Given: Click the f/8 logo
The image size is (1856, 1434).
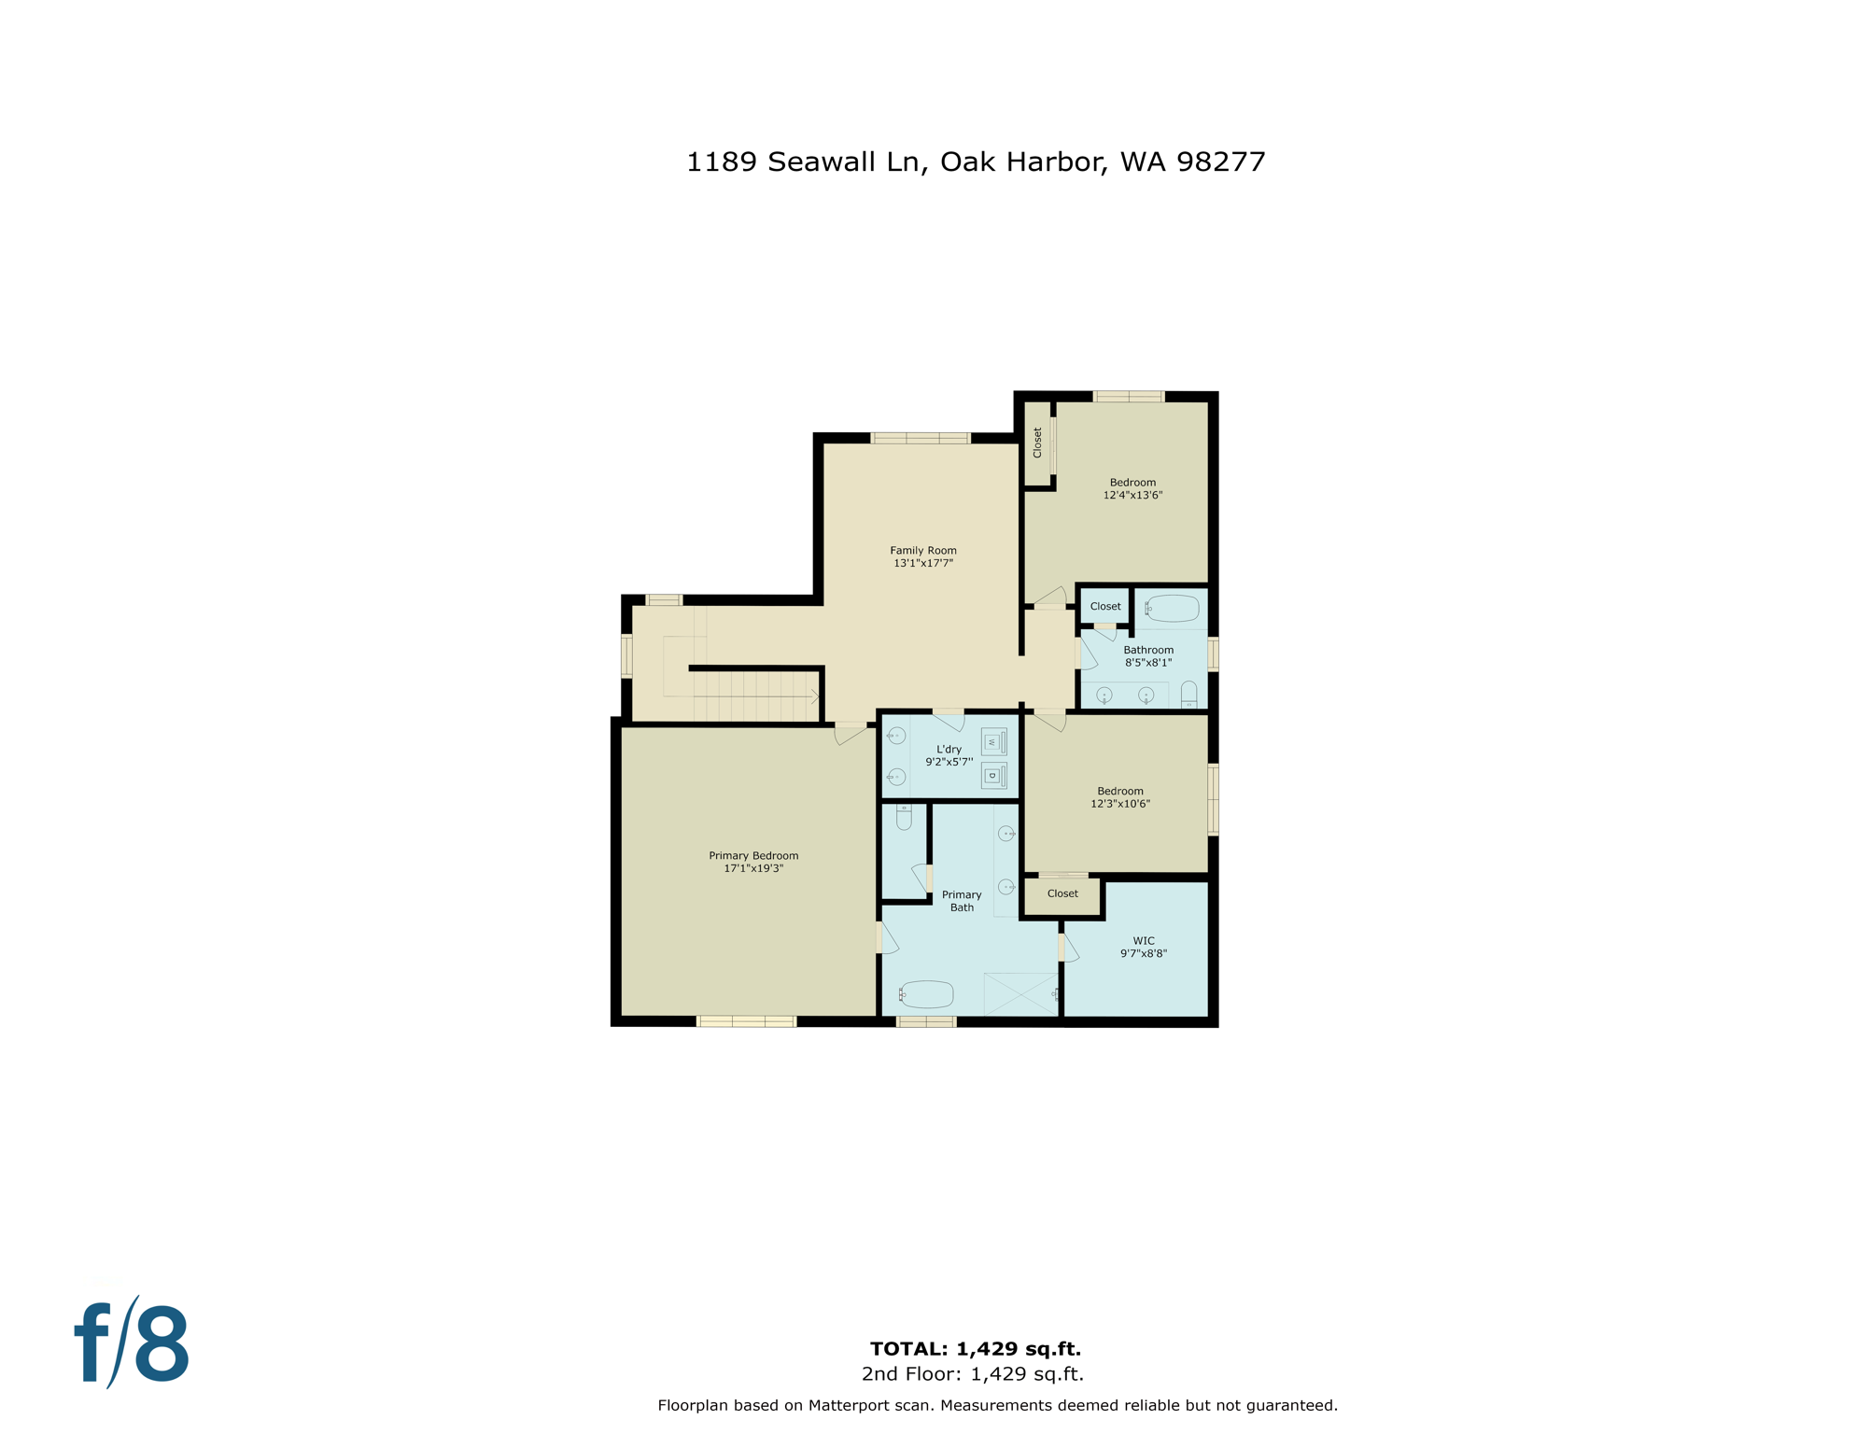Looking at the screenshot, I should click(x=132, y=1343).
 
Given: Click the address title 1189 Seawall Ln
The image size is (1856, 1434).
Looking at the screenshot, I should click(x=975, y=162).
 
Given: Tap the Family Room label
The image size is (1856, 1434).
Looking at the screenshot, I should click(x=922, y=551).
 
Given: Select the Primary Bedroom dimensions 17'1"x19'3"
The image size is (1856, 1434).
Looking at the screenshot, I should click(x=753, y=868).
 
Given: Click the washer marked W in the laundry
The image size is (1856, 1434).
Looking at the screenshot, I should click(x=993, y=742).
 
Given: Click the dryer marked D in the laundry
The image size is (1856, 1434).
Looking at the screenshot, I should click(x=993, y=775).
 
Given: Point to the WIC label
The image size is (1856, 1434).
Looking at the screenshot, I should click(x=1143, y=941).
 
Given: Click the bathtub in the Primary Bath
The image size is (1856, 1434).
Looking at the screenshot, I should click(x=926, y=994).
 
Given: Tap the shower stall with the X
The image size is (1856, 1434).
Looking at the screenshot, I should click(x=1020, y=994).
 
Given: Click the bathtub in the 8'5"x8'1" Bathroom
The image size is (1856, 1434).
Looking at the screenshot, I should click(x=1172, y=609).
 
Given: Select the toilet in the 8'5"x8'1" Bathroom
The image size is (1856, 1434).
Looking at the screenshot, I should click(x=1188, y=695).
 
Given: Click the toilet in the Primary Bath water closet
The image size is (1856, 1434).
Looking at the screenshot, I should click(x=904, y=818).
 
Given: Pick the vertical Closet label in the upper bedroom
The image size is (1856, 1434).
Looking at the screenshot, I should click(x=1037, y=443).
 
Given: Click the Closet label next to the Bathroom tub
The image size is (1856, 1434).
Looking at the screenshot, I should click(x=1105, y=607).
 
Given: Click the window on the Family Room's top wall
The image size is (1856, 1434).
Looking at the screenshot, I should click(x=921, y=438).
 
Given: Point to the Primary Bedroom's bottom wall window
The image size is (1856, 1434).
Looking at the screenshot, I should click(x=747, y=1021).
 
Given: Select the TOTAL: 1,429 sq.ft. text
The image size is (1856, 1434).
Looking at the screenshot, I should click(x=975, y=1349).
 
